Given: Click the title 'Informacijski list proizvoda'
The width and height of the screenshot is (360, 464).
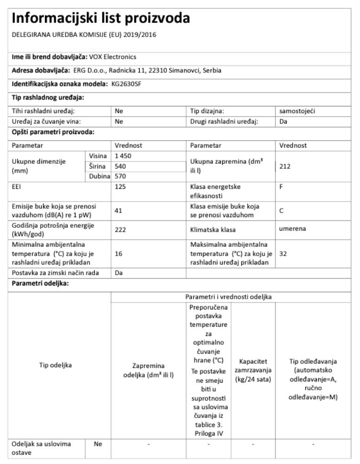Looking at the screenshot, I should [x=101, y=19].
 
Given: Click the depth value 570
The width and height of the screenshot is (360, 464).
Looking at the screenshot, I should [x=121, y=176].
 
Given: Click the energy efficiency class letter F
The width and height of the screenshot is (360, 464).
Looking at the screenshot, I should [x=282, y=187].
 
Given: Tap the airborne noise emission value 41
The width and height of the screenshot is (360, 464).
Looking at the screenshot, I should [x=118, y=210].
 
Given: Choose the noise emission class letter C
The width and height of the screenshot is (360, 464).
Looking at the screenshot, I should [x=282, y=210].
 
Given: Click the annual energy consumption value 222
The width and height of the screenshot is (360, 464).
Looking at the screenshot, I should [x=121, y=229].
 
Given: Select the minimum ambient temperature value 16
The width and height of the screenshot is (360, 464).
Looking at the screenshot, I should [x=118, y=254].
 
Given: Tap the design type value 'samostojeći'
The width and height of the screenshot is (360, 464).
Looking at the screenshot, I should [x=297, y=111].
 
